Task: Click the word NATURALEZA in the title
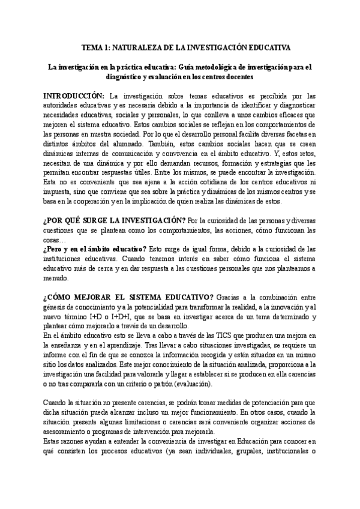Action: (131, 47)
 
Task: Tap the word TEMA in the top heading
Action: (91, 47)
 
